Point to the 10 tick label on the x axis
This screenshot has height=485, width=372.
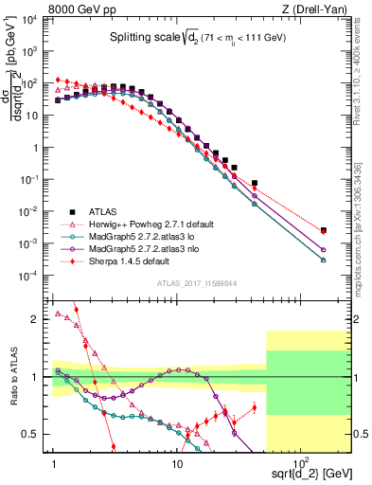coord(177,463)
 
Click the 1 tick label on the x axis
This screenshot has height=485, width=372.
coord(55,463)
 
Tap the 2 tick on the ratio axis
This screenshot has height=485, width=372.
coord(41,319)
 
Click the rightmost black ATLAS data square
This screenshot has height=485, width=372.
coord(324,229)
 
